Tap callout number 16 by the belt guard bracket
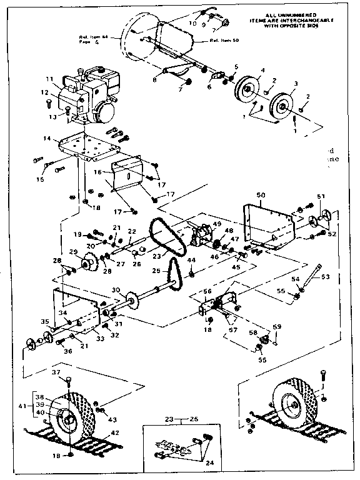[x=97, y=170]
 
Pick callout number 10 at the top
[x=192, y=23]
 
